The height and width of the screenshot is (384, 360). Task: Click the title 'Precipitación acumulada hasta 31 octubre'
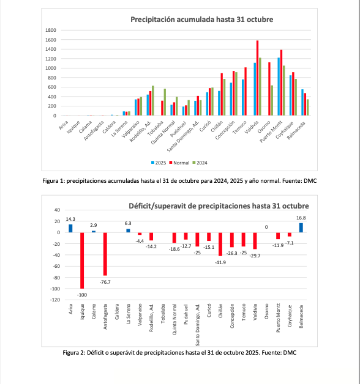tap(193, 20)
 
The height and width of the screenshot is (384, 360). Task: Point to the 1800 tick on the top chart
tap(52, 30)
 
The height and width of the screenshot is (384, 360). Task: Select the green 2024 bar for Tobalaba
tap(165, 102)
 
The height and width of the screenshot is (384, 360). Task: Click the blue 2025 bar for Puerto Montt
tap(279, 86)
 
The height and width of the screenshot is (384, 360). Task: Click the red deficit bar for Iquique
tap(81, 260)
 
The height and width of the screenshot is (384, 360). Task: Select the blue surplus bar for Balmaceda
tap(301, 227)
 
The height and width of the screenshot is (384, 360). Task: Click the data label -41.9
tap(220, 262)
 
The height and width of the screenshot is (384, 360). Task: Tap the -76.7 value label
tap(105, 282)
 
